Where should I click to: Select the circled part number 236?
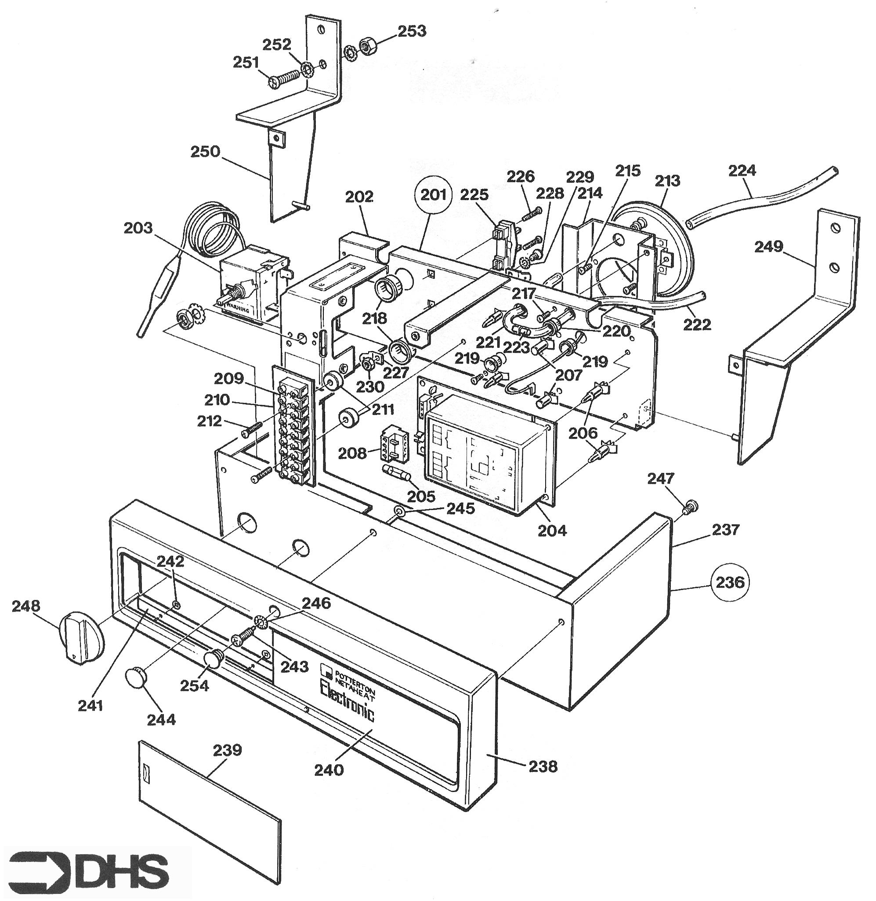point(730,582)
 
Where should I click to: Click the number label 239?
point(227,750)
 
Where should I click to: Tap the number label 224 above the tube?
point(742,171)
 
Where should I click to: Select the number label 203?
point(138,227)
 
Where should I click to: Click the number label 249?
point(768,246)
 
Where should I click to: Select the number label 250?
point(205,151)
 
